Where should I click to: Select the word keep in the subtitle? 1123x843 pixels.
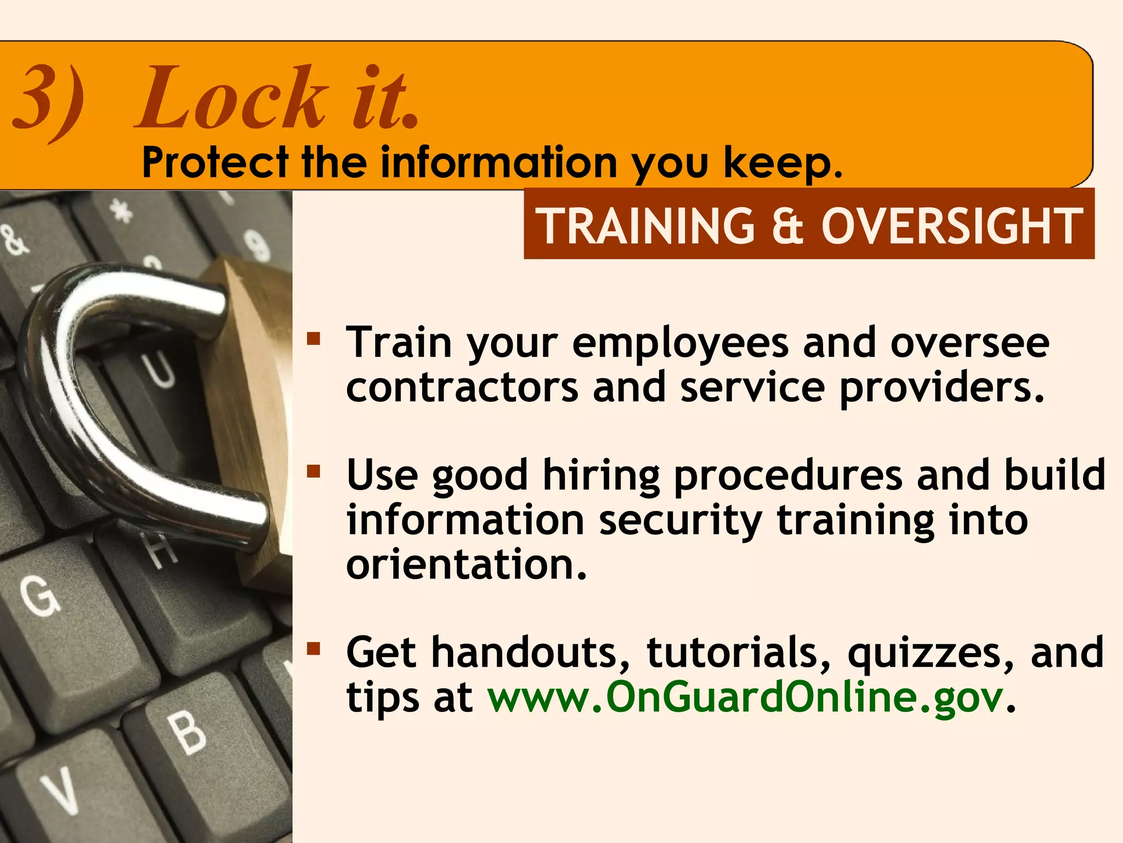[x=781, y=164]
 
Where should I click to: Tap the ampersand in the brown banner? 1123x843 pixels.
[x=787, y=226]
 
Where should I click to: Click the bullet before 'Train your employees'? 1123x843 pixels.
[x=314, y=338]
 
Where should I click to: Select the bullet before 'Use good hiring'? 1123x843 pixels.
[x=314, y=471]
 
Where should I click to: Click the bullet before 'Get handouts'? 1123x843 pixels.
[x=314, y=649]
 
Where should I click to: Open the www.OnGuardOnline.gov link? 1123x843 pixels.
[x=746, y=697]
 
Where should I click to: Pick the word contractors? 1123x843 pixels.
[x=462, y=387]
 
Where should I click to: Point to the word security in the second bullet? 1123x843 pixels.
[x=680, y=521]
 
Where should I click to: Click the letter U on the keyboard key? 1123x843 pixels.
[x=159, y=370]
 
